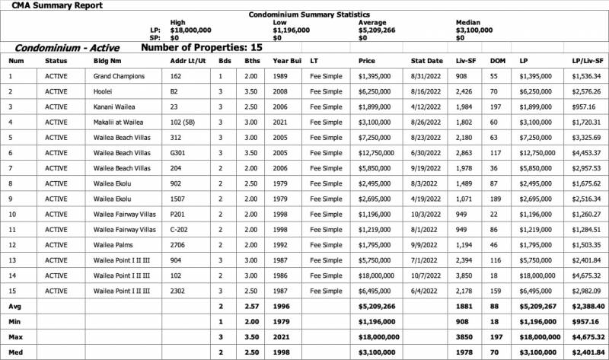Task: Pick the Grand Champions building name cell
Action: [x=119, y=76]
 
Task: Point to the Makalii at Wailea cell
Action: [x=119, y=122]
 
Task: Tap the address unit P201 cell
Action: [x=178, y=215]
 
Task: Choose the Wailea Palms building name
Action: [x=114, y=245]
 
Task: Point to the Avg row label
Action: [x=14, y=306]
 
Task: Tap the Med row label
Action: [x=15, y=352]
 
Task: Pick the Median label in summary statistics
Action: [x=467, y=23]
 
